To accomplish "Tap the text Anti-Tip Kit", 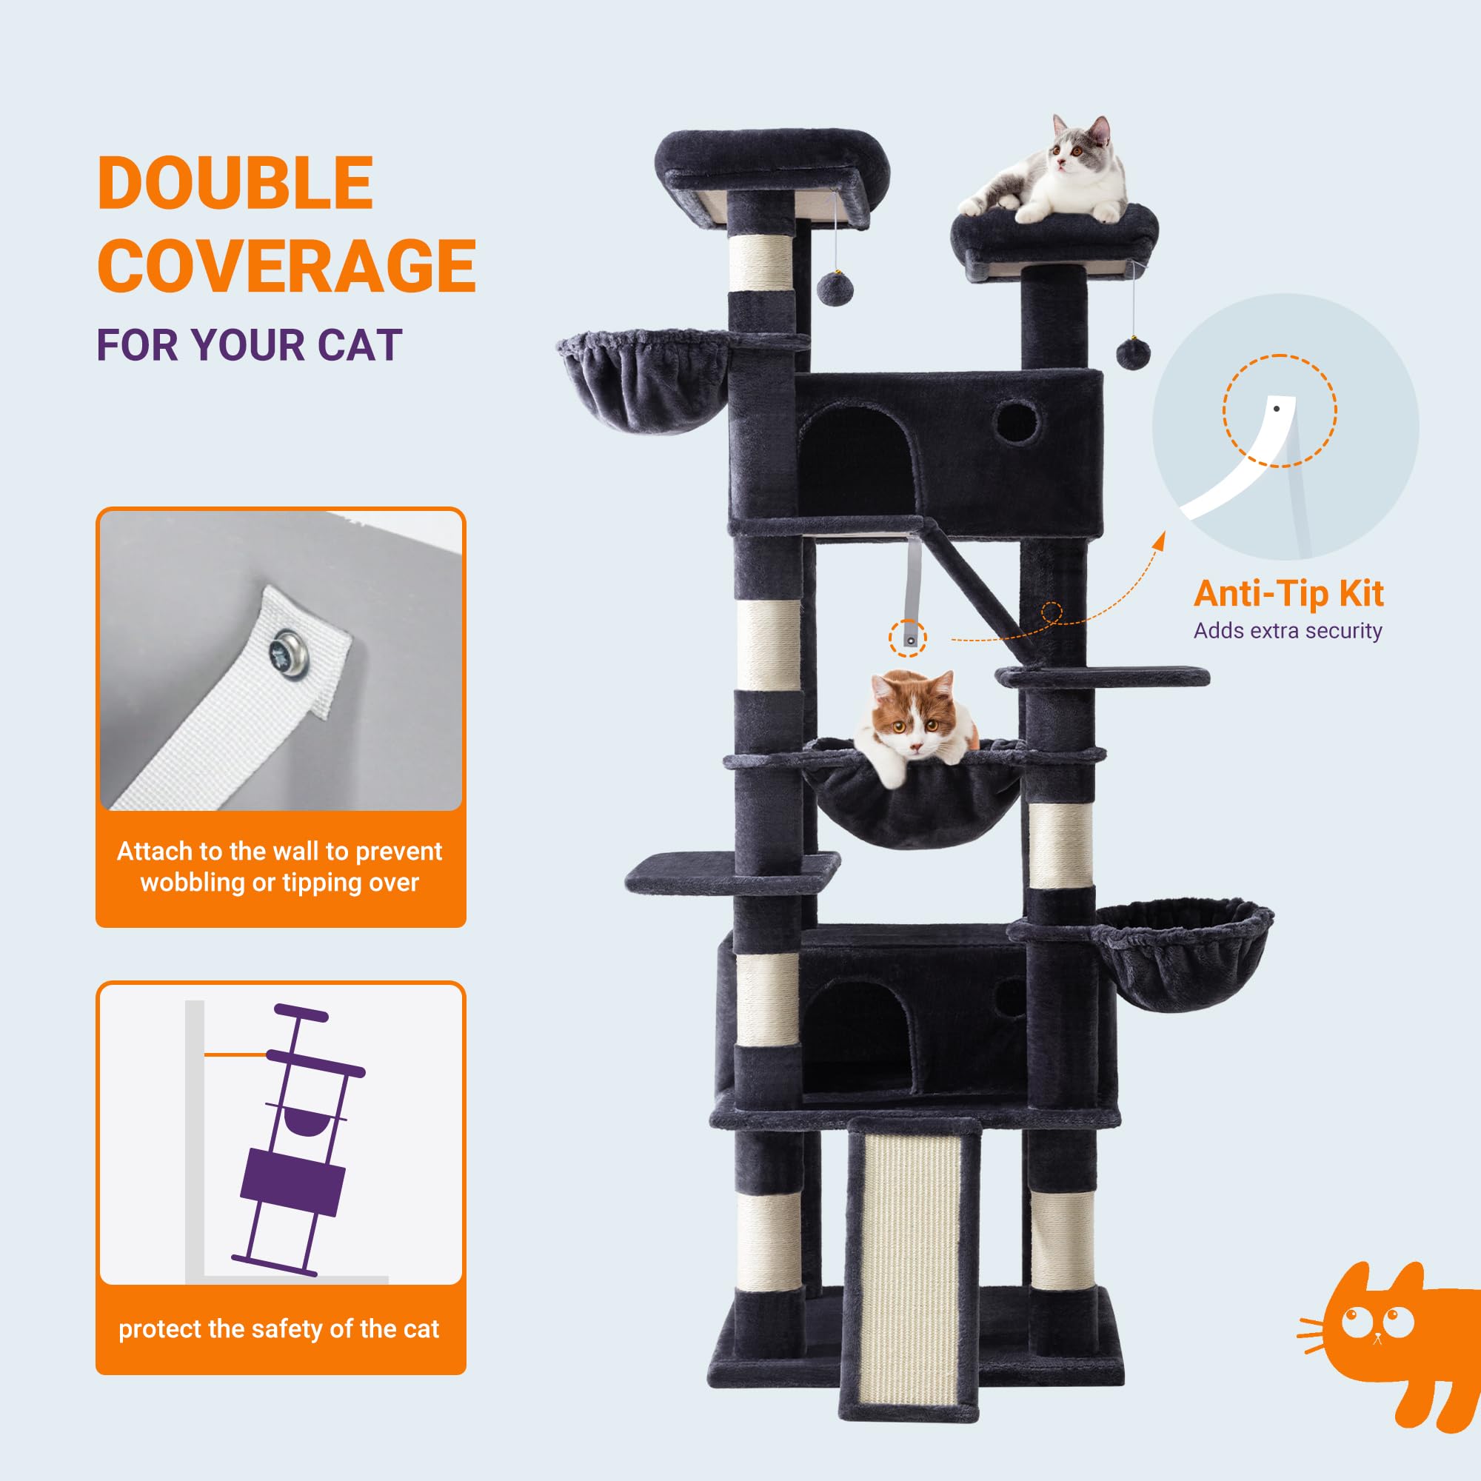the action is click(1288, 593).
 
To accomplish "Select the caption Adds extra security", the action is click(1288, 631).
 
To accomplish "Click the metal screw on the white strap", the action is click(289, 651).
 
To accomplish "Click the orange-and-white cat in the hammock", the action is click(916, 723).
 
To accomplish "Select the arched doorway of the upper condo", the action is click(857, 459).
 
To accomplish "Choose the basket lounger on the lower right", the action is click(1181, 956).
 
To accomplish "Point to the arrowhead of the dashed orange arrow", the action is click(1160, 541).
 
